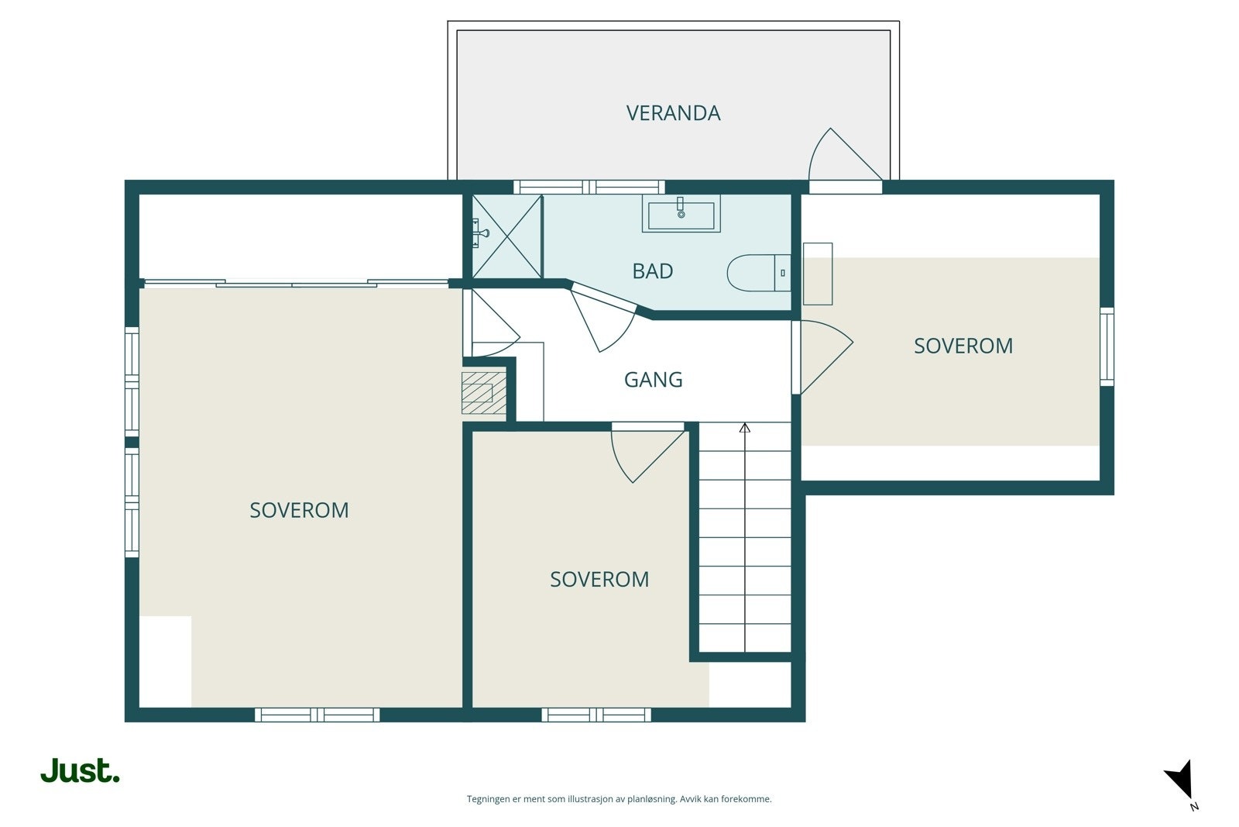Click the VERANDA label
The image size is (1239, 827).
click(x=673, y=113)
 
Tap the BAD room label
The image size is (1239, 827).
click(x=653, y=271)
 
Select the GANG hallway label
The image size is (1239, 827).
click(x=654, y=380)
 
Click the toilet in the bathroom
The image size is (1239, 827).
click(x=759, y=273)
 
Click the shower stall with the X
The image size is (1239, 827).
click(x=506, y=236)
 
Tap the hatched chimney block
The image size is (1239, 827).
click(x=484, y=393)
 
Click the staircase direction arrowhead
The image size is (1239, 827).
click(x=744, y=428)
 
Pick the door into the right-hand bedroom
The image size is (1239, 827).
click(x=826, y=357)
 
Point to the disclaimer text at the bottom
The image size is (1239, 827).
click(x=619, y=799)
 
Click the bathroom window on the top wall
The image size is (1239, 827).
click(x=589, y=187)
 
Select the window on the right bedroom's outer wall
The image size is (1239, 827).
click(x=1107, y=346)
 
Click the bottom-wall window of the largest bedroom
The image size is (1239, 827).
click(x=317, y=715)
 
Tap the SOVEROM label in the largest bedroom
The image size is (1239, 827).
click(x=299, y=510)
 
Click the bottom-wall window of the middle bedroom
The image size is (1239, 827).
click(x=596, y=715)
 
